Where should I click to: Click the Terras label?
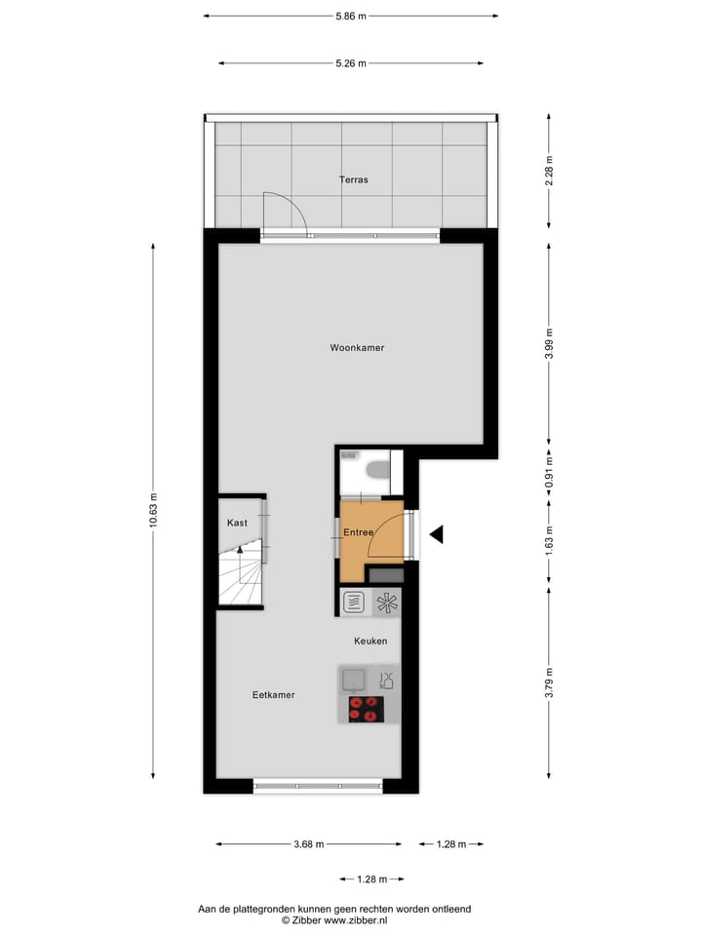353,179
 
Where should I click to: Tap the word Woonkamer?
357,347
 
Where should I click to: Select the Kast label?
237,523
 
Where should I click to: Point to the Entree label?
358,532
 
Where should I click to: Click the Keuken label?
370,641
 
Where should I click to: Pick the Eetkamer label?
273,695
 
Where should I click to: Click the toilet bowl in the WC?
375,472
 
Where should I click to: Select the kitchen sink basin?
354,679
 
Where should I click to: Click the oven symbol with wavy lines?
354,602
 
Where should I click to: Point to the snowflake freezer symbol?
387,602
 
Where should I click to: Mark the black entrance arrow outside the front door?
437,533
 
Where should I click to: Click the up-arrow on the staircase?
238,554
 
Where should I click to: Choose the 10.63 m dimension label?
152,509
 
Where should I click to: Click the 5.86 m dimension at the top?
351,17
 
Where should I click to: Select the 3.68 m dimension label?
308,844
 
